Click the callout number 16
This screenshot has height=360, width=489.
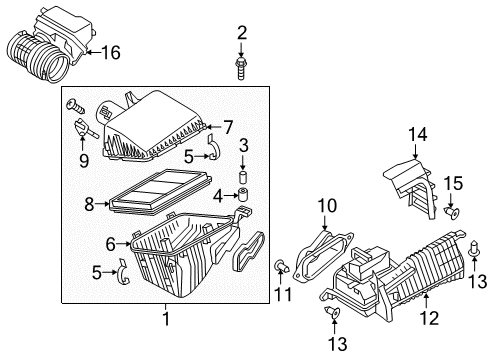click(111, 53)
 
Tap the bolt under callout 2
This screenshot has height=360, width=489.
click(241, 68)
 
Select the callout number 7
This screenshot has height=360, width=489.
click(228, 127)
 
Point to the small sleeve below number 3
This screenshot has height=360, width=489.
click(244, 176)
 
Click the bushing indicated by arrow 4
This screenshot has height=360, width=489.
click(244, 194)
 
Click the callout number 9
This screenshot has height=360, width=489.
click(84, 162)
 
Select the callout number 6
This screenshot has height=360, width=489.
click(110, 244)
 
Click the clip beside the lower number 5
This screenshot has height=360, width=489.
click(124, 272)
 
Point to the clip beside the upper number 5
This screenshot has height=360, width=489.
click(213, 147)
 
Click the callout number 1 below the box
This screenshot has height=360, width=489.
click(166, 318)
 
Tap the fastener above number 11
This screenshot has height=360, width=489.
click(282, 267)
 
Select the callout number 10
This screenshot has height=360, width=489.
click(327, 206)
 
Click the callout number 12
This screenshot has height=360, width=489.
click(429, 318)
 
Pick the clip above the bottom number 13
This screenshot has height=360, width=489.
click(333, 312)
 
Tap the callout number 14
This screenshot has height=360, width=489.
click(417, 135)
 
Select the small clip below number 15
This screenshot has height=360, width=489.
click(452, 212)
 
